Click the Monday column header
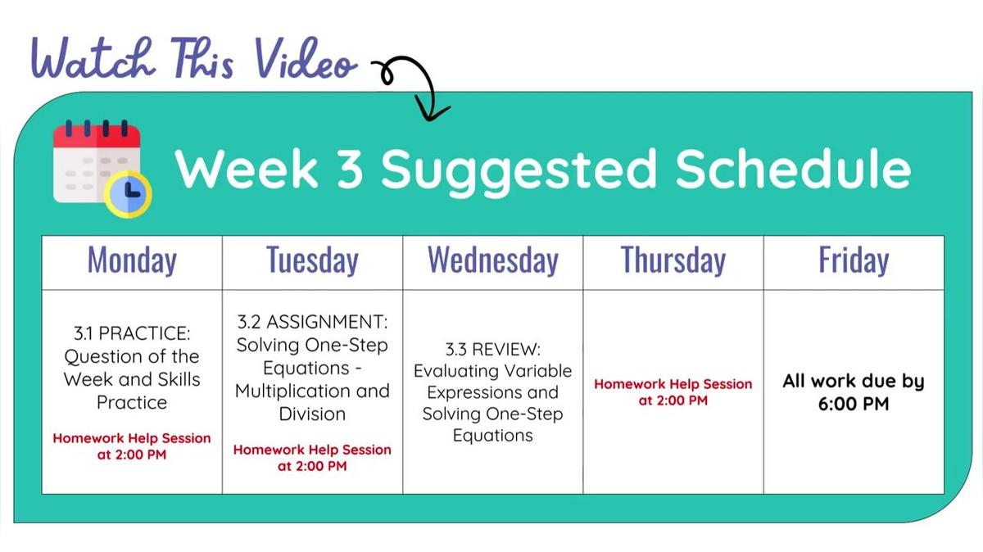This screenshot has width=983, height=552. [132, 261]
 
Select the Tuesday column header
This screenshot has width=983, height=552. [312, 261]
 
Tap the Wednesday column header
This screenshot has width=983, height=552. [492, 261]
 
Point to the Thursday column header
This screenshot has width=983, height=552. [673, 261]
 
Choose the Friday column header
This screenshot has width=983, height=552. [854, 261]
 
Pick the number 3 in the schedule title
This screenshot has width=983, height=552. [350, 170]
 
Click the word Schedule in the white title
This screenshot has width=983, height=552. [794, 170]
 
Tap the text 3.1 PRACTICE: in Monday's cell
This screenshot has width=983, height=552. [132, 333]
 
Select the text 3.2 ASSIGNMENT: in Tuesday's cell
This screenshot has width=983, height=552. [312, 321]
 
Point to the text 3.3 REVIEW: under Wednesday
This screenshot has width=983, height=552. [492, 348]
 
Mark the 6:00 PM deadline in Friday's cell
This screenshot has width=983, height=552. [854, 405]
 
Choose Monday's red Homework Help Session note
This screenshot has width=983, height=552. [132, 446]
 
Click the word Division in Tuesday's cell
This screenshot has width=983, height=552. [312, 414]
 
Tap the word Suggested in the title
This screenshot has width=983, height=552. [519, 170]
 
